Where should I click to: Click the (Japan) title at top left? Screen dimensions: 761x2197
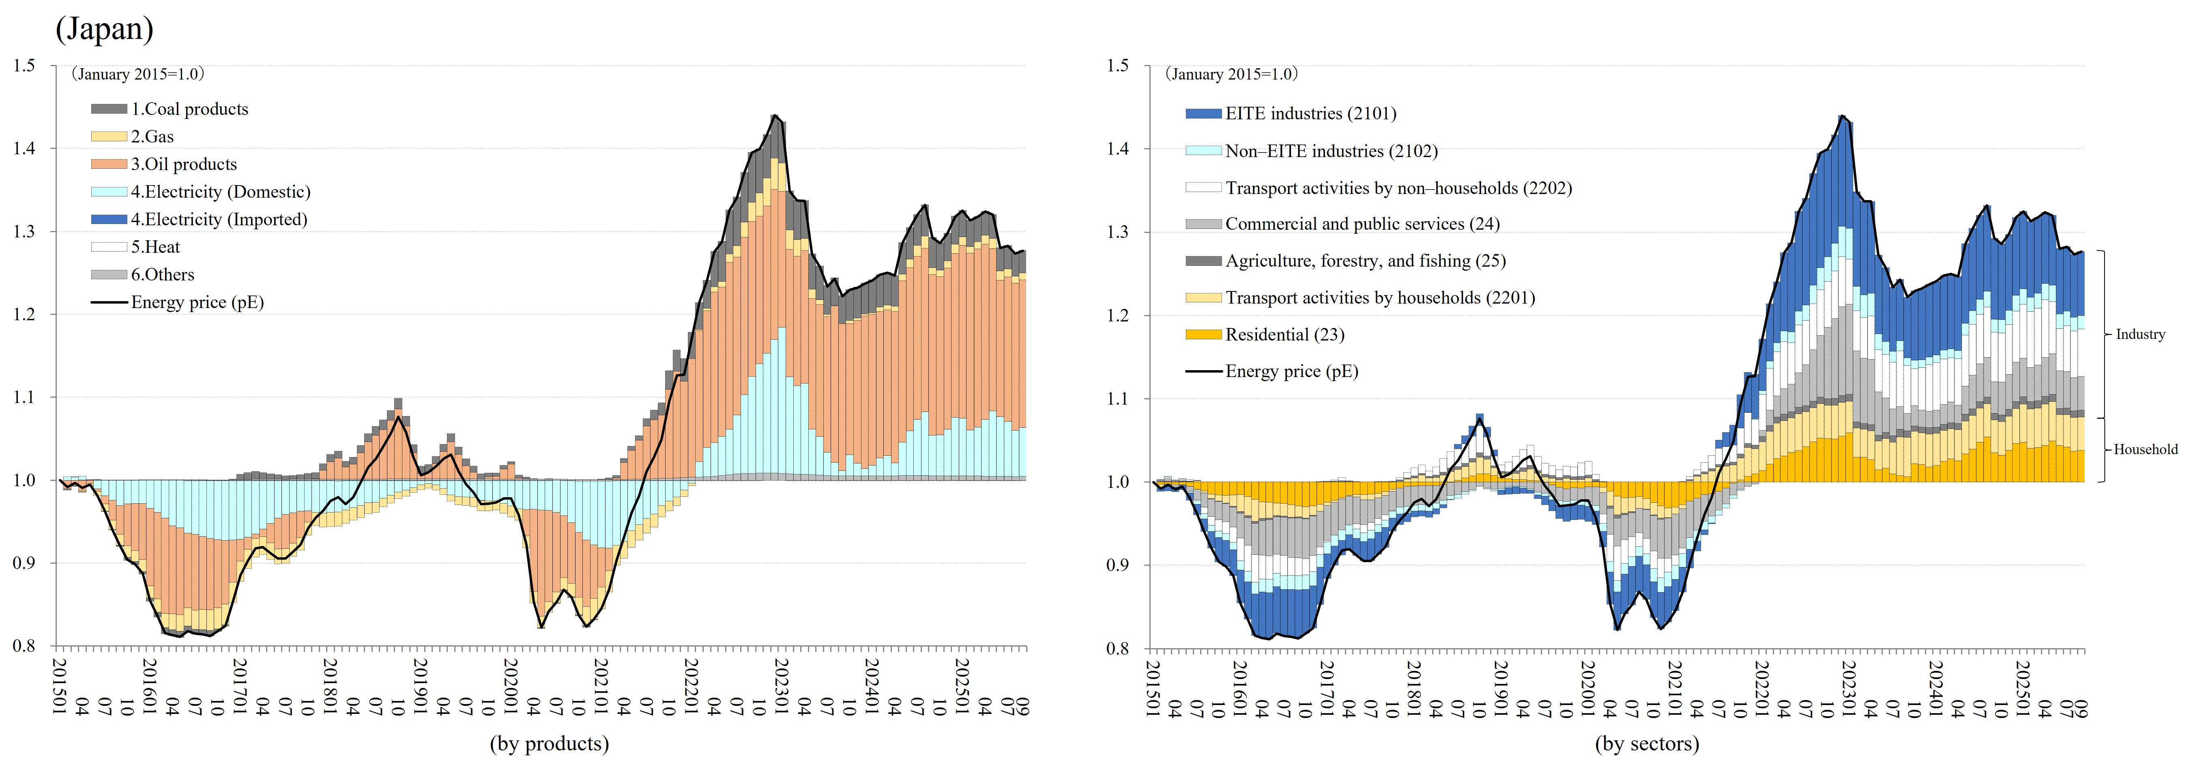(x=104, y=29)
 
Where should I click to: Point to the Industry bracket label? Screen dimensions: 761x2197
(x=2140, y=334)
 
